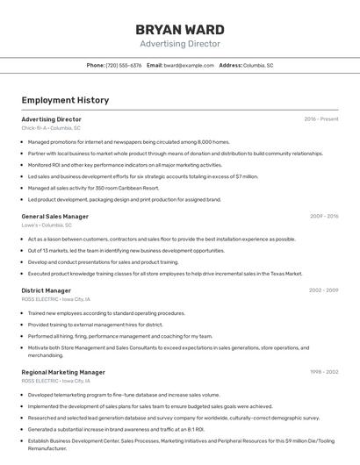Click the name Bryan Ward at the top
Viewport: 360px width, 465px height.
[179, 29]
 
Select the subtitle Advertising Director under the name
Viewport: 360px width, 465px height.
[179, 44]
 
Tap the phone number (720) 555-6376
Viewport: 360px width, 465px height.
[124, 65]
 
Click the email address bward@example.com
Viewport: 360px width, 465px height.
[189, 65]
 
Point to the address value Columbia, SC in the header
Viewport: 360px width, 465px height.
[258, 65]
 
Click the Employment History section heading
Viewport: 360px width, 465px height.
[65, 100]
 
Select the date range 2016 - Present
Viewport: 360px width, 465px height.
[320, 119]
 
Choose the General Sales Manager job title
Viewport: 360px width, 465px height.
[54, 216]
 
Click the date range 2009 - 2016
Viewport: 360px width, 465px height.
[323, 216]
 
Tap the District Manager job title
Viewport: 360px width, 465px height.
[46, 290]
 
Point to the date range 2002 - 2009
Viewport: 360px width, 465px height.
[323, 290]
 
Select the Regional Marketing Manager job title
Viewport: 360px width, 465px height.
[63, 372]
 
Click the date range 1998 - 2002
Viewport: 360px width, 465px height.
[323, 372]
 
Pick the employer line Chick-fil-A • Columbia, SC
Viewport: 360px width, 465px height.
[51, 128]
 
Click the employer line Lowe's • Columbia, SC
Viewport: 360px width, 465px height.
[47, 225]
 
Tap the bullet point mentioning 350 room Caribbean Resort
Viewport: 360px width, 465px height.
[93, 188]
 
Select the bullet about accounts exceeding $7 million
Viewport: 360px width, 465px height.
[142, 176]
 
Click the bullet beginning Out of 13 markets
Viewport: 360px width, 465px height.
[126, 250]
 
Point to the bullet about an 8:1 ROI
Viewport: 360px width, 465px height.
[115, 429]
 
